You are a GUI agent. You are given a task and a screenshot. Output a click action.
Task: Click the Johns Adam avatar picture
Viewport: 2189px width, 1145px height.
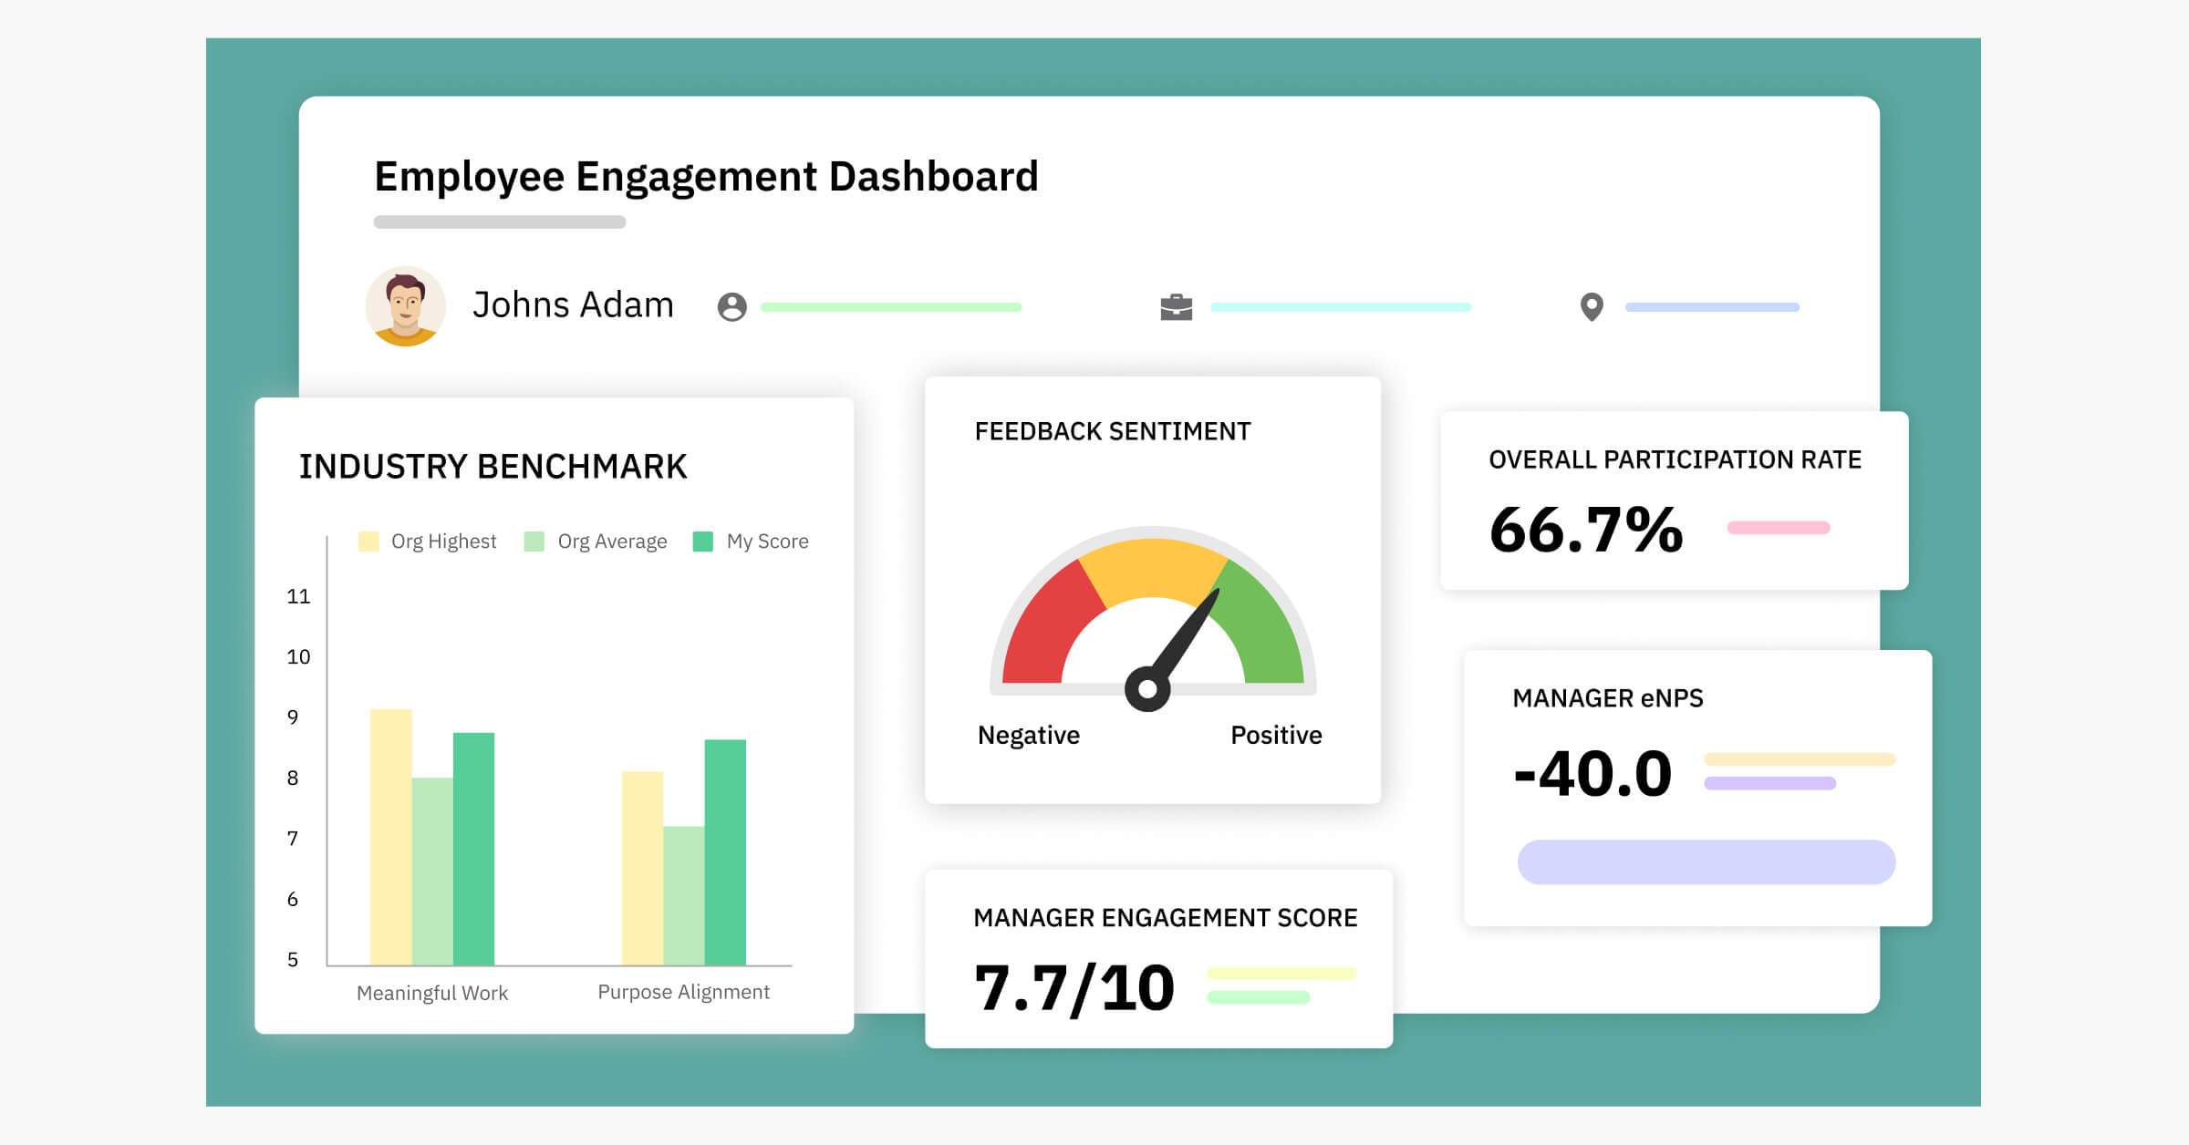406,306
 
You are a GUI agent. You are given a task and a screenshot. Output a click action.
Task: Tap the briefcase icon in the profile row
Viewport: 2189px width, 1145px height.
1176,307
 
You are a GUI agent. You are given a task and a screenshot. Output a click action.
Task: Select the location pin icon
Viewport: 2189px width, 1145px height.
1592,307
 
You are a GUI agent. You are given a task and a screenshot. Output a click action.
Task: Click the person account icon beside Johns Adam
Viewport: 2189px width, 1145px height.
731,307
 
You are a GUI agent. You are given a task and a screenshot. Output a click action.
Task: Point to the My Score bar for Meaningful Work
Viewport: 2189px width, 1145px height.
473,848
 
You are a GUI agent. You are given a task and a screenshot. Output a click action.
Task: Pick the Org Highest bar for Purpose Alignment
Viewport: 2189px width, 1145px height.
642,868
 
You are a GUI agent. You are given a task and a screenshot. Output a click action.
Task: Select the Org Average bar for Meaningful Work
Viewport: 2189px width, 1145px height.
432,871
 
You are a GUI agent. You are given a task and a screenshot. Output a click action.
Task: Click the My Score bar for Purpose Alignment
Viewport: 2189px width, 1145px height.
725,851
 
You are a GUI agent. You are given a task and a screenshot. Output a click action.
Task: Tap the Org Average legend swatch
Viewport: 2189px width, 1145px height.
534,542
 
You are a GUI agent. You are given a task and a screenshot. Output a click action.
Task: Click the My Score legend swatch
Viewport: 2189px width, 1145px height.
702,542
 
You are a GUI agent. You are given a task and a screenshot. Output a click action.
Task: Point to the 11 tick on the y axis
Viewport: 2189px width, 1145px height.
298,597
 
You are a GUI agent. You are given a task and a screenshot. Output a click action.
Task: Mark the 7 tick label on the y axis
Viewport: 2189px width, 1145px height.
293,839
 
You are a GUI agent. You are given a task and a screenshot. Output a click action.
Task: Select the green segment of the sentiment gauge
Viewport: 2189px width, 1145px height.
1263,629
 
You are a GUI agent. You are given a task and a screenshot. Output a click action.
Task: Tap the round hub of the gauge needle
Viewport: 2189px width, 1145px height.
1147,689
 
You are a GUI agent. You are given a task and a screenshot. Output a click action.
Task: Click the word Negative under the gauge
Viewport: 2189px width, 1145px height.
1028,735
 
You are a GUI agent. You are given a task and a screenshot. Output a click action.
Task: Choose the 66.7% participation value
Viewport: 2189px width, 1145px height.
1586,530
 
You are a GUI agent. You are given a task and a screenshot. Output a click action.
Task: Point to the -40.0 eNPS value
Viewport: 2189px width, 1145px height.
1592,774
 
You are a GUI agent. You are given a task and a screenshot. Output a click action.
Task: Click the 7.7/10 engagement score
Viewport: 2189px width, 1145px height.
1074,988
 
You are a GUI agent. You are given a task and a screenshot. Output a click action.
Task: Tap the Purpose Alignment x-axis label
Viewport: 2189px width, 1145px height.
683,992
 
